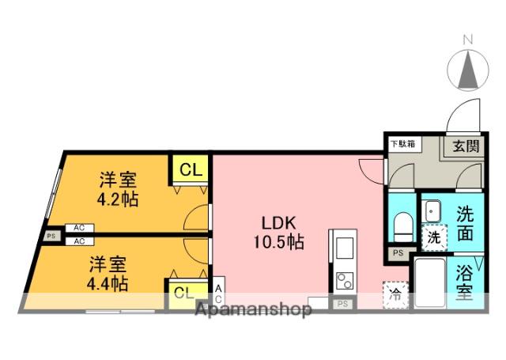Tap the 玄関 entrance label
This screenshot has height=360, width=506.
[x=465, y=146]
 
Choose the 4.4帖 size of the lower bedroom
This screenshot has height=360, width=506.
[x=108, y=282]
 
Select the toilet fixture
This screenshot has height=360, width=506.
[x=402, y=226]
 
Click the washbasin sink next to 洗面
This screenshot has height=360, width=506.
[x=433, y=211]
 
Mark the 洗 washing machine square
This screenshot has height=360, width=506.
[x=434, y=237]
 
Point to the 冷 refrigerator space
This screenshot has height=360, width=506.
[x=395, y=295]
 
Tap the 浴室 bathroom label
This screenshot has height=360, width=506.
[x=465, y=283]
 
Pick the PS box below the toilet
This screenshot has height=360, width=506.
[x=398, y=254]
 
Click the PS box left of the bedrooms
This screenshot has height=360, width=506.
[x=51, y=235]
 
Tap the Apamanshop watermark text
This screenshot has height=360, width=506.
[x=253, y=309]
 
